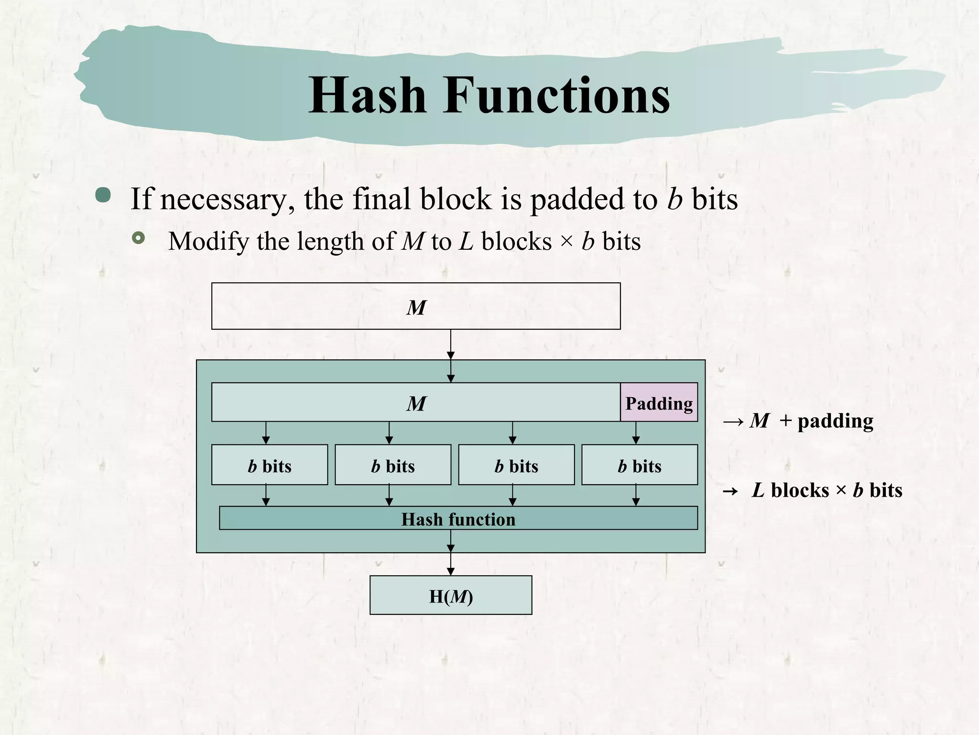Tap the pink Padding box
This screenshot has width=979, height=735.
[659, 402]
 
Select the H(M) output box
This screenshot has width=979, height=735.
[451, 595]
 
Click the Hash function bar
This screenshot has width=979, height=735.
[458, 519]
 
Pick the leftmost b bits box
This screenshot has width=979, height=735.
[270, 465]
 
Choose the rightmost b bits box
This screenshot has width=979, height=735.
[640, 465]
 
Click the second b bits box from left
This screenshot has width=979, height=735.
[393, 465]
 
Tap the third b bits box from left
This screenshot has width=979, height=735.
[516, 465]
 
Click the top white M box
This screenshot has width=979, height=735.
[416, 306]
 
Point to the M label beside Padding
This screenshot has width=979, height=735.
[416, 403]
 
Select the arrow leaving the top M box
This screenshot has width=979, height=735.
[451, 345]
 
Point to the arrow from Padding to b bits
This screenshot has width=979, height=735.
[636, 433]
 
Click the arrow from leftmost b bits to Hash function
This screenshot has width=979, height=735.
[266, 495]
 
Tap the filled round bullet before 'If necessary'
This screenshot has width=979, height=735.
[103, 195]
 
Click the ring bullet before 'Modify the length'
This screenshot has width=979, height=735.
[138, 238]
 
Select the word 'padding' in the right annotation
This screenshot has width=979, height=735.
[835, 422]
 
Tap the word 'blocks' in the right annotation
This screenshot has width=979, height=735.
[800, 490]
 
